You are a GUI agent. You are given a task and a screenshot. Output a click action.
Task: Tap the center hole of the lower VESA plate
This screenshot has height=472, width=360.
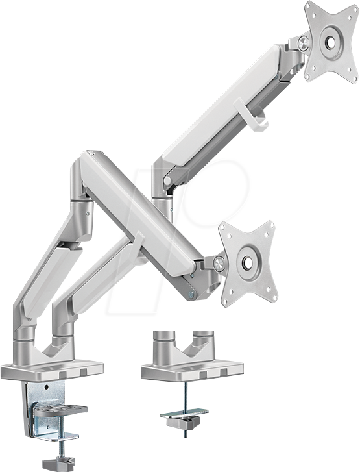point(248,262)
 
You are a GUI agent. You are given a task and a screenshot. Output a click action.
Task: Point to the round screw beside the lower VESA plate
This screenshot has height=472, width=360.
point(219,264)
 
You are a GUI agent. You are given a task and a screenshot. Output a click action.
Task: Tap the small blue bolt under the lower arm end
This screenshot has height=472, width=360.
point(191,294)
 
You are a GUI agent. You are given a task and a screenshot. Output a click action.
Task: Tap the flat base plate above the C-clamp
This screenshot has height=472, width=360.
point(52,370)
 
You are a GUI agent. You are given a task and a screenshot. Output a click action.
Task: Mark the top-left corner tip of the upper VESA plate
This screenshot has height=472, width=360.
point(308,6)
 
